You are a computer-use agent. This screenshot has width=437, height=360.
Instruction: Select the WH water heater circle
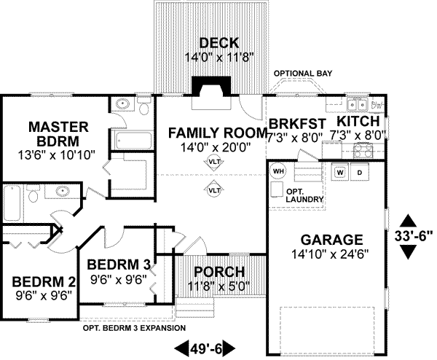click(278, 171)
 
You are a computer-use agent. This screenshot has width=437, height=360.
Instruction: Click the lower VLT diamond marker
click(215, 190)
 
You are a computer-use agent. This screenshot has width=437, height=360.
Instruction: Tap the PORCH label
click(219, 273)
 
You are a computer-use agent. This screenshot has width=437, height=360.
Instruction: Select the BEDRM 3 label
click(117, 264)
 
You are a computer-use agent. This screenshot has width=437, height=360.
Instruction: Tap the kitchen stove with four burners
click(363, 151)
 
